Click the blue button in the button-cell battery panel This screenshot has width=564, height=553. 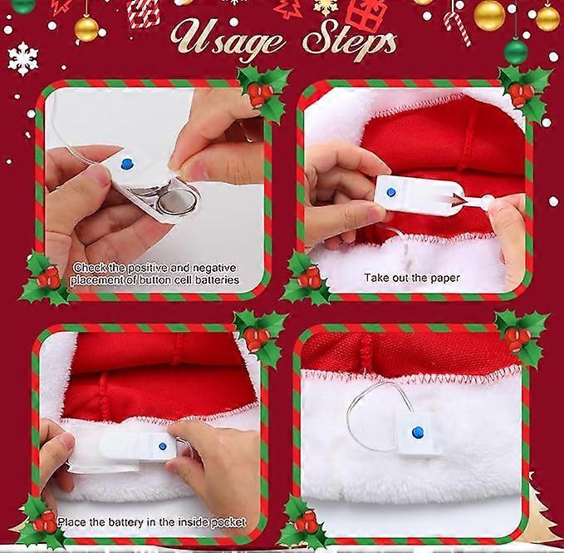[126, 165]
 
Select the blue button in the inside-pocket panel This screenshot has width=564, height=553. [162, 447]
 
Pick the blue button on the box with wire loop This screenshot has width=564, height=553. [418, 432]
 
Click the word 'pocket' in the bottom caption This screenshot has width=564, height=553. [225, 522]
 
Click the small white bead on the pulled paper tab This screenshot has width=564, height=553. [487, 201]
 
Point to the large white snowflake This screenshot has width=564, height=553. [23, 58]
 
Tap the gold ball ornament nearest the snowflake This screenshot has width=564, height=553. [86, 27]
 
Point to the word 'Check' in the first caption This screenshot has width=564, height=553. [88, 268]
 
